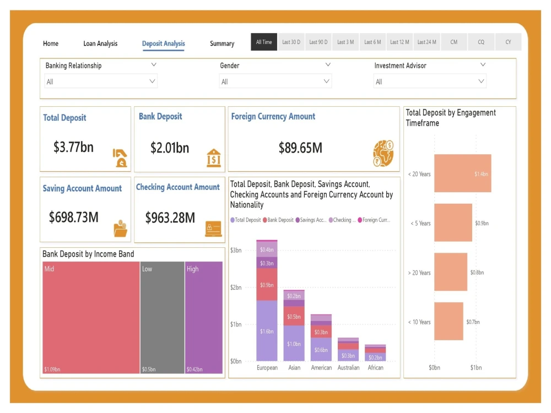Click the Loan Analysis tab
coord(100,44)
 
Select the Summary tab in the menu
coord(222,44)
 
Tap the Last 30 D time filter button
coord(291,42)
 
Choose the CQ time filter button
coord(481,42)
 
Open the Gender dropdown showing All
coord(275,81)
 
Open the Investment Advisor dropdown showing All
coord(430,81)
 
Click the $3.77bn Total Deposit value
coord(73,147)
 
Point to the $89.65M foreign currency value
coord(300,148)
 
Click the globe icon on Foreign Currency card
coord(383,154)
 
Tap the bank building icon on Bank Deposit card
coord(214,157)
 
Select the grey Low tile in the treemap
coord(162,317)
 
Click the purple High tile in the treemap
coord(204,317)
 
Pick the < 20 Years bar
coord(462,173)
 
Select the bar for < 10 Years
coord(449,322)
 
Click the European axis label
coord(267,367)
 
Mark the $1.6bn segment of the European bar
coord(267,331)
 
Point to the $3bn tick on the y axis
coord(235,250)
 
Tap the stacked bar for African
coord(375,352)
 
